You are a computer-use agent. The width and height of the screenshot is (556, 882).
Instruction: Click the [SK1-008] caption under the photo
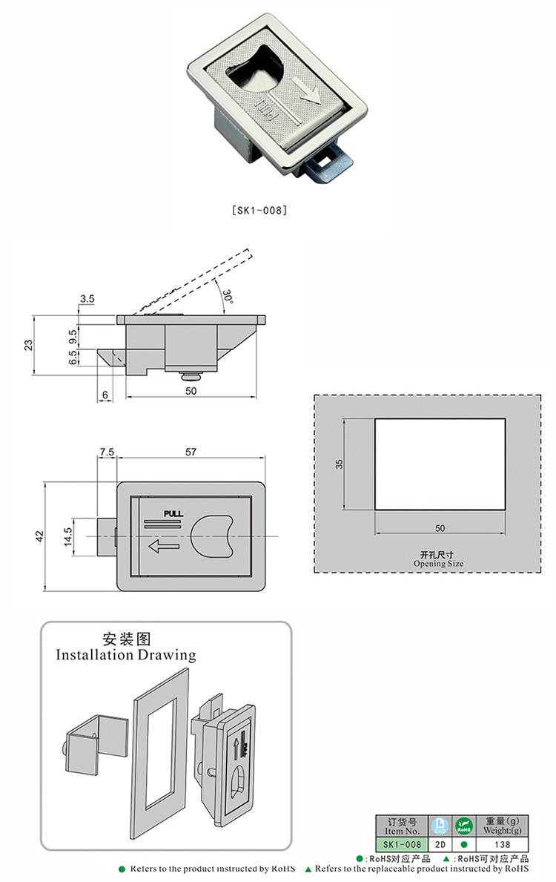coord(259,210)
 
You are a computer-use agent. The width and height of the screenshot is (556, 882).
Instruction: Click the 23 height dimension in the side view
coord(28,344)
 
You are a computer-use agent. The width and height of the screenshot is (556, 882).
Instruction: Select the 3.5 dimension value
coord(87,299)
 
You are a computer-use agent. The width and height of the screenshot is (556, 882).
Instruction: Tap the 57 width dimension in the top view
coord(190,451)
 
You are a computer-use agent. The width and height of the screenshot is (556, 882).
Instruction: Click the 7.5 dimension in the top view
coord(106,451)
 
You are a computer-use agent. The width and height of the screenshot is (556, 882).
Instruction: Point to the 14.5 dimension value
coord(67,536)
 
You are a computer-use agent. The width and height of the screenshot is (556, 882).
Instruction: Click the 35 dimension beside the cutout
coord(340,464)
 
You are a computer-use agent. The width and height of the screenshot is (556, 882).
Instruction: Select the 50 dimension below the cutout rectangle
coord(440,528)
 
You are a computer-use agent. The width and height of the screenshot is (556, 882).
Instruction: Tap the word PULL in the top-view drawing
coord(173,513)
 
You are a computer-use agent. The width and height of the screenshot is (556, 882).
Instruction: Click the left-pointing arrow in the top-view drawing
coord(165,547)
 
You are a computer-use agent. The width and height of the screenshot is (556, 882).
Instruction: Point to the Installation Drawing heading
coord(126,655)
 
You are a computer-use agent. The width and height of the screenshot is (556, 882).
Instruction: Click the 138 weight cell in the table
coord(502,844)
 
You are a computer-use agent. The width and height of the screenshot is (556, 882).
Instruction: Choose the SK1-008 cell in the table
coord(402,844)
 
